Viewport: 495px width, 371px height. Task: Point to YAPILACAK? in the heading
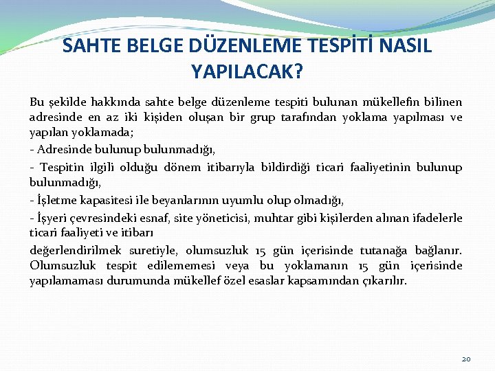point(247,71)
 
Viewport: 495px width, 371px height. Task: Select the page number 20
point(466,359)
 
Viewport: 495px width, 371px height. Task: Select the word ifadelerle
point(432,217)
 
